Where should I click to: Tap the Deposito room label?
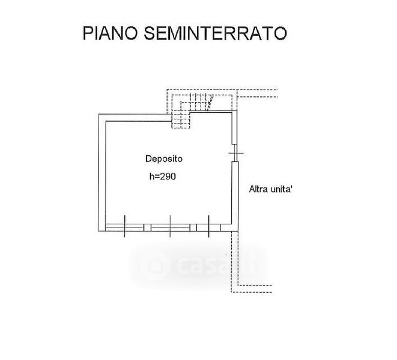pos(164,159)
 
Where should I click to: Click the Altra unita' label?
pos(270,190)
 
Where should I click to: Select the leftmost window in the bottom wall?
pos(124,226)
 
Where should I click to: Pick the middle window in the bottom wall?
pos(170,226)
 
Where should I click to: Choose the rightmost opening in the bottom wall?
pos(209,226)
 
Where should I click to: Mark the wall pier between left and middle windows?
pos(147,226)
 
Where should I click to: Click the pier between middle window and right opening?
pos(193,226)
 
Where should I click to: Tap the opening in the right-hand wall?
pos(235,154)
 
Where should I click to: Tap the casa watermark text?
pos(198,265)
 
